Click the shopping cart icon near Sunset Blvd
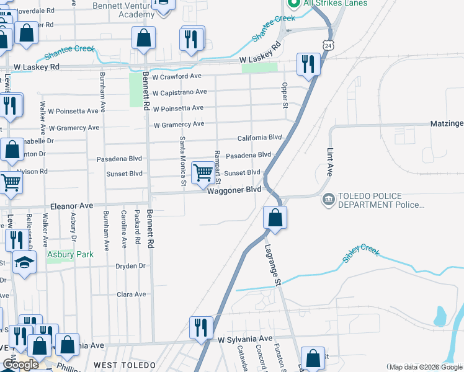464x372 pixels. coord(203,174)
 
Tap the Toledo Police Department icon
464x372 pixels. coord(329,200)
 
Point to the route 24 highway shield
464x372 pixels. coord(328,45)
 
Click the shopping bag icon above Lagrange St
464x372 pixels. coord(275,218)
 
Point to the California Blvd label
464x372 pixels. coord(260,138)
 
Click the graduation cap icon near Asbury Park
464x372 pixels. coord(25,262)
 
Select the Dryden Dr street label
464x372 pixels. coord(130,266)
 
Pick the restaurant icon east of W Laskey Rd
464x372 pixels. coord(308,64)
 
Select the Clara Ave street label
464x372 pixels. coord(131,294)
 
